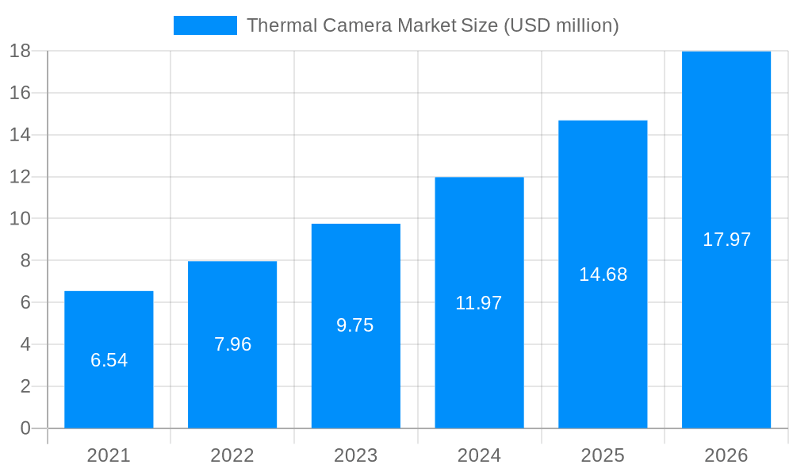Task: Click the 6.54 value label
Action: [109, 360]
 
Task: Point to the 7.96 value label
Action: [232, 344]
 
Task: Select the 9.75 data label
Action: [355, 325]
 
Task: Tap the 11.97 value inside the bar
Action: [479, 303]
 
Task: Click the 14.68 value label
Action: [603, 274]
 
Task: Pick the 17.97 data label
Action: [726, 240]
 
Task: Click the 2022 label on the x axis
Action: [232, 455]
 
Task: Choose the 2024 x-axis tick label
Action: [479, 455]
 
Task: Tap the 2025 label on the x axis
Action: [603, 455]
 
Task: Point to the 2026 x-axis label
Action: [726, 455]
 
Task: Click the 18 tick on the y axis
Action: [20, 51]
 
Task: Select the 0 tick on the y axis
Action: [25, 428]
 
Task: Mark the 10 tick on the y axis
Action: [20, 219]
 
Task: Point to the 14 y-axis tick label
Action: [20, 135]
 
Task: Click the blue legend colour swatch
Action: [205, 25]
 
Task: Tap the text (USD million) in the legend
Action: [561, 25]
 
